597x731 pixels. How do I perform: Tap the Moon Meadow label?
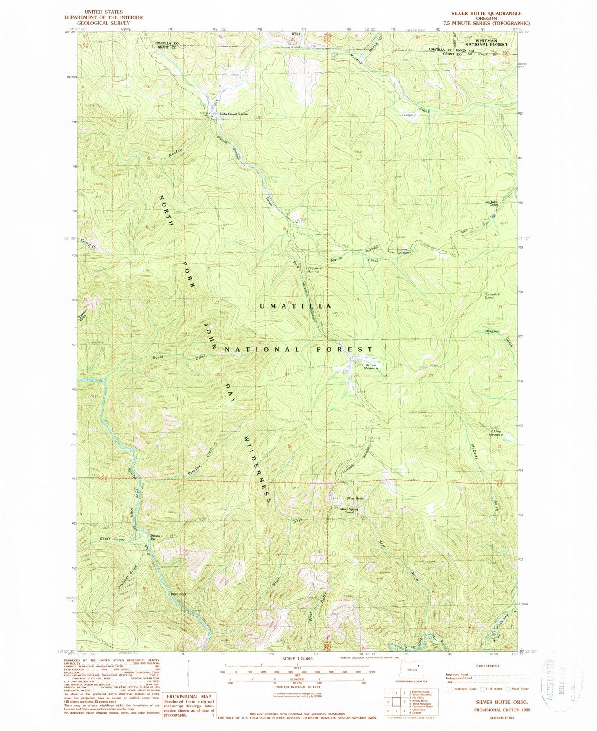(371, 366)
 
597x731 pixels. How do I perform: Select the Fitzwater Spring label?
(316, 270)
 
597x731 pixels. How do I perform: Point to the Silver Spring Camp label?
(349, 511)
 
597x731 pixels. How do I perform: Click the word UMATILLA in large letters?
(295, 306)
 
